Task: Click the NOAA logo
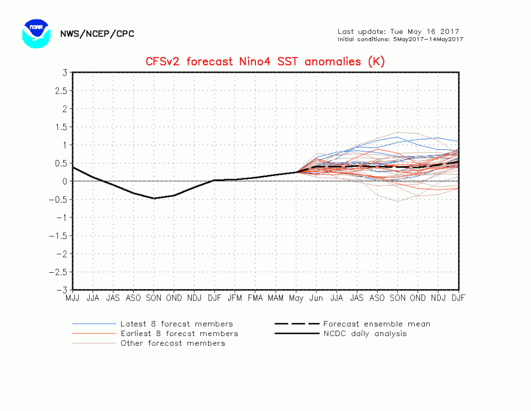[36, 33]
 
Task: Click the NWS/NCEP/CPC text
[97, 34]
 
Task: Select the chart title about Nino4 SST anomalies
[265, 62]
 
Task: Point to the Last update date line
[398, 31]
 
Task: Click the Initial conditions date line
[400, 39]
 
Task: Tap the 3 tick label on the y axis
[64, 72]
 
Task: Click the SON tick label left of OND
[154, 298]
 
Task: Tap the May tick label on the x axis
[296, 298]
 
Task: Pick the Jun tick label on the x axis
[316, 298]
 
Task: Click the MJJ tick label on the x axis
[73, 298]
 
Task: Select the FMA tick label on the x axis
[255, 298]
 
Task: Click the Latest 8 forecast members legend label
[176, 324]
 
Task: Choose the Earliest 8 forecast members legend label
[179, 333]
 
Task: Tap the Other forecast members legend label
[173, 343]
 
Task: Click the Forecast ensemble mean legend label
[376, 324]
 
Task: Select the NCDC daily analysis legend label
[365, 333]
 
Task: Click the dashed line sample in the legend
[297, 324]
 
